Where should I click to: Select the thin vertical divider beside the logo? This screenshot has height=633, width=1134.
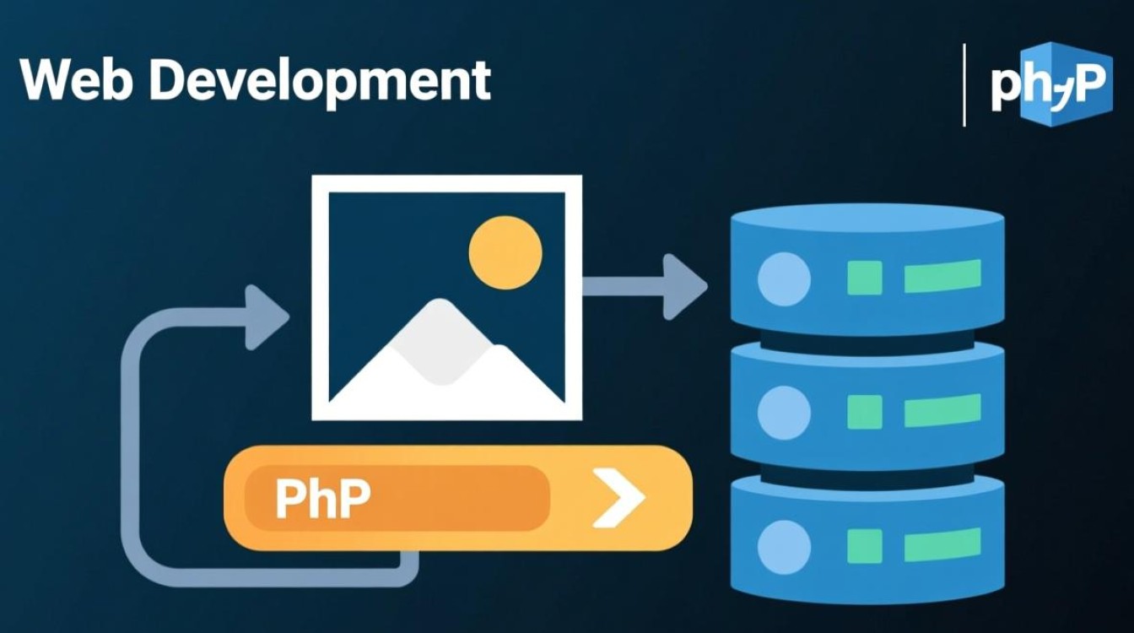coord(964,85)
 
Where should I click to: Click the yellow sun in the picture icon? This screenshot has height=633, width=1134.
coord(505,252)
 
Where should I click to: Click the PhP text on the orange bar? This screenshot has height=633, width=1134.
coord(322,498)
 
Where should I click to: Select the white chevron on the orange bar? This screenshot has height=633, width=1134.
coord(618,499)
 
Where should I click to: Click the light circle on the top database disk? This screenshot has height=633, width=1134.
coord(784,279)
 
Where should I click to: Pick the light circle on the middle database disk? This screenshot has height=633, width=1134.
coord(784,413)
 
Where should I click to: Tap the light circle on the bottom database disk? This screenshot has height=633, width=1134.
coord(784,547)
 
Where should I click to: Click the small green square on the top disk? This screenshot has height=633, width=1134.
coord(865,278)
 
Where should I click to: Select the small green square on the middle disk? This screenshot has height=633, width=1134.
coord(865,411)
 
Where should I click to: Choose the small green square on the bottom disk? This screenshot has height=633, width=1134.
coord(865,545)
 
